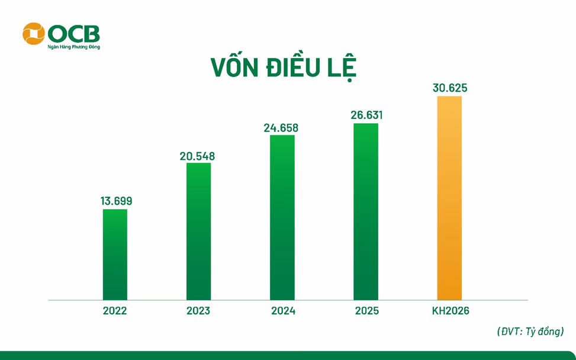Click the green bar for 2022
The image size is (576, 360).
(115, 255)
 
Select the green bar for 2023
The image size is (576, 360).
(198, 231)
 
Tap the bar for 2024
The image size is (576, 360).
(282, 217)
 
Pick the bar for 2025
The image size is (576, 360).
(365, 211)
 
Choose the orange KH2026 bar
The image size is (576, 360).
(449, 198)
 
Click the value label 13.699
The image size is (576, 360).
(116, 201)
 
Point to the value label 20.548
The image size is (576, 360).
(198, 157)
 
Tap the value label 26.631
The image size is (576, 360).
(366, 115)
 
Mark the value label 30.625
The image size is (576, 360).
(450, 88)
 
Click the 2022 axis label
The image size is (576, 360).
(115, 311)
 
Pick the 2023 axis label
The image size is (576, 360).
(198, 311)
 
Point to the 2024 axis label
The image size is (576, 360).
(282, 311)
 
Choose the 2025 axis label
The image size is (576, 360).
(366, 311)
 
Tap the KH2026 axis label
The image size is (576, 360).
(450, 311)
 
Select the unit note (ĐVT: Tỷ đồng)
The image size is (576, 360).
(530, 332)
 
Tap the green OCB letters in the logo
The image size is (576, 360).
(74, 33)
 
